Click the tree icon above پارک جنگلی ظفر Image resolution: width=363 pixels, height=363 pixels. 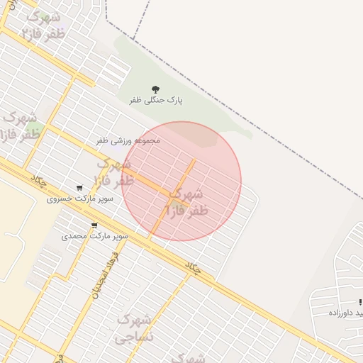(x=155, y=89)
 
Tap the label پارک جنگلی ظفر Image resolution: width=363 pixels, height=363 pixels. (x=156, y=101)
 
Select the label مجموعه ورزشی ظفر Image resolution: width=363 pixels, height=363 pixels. (x=128, y=140)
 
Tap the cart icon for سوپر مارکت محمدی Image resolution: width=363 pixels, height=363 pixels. (x=94, y=225)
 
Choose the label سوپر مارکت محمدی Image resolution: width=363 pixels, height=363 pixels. (x=94, y=235)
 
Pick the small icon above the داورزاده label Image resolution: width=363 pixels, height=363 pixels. (x=360, y=302)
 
